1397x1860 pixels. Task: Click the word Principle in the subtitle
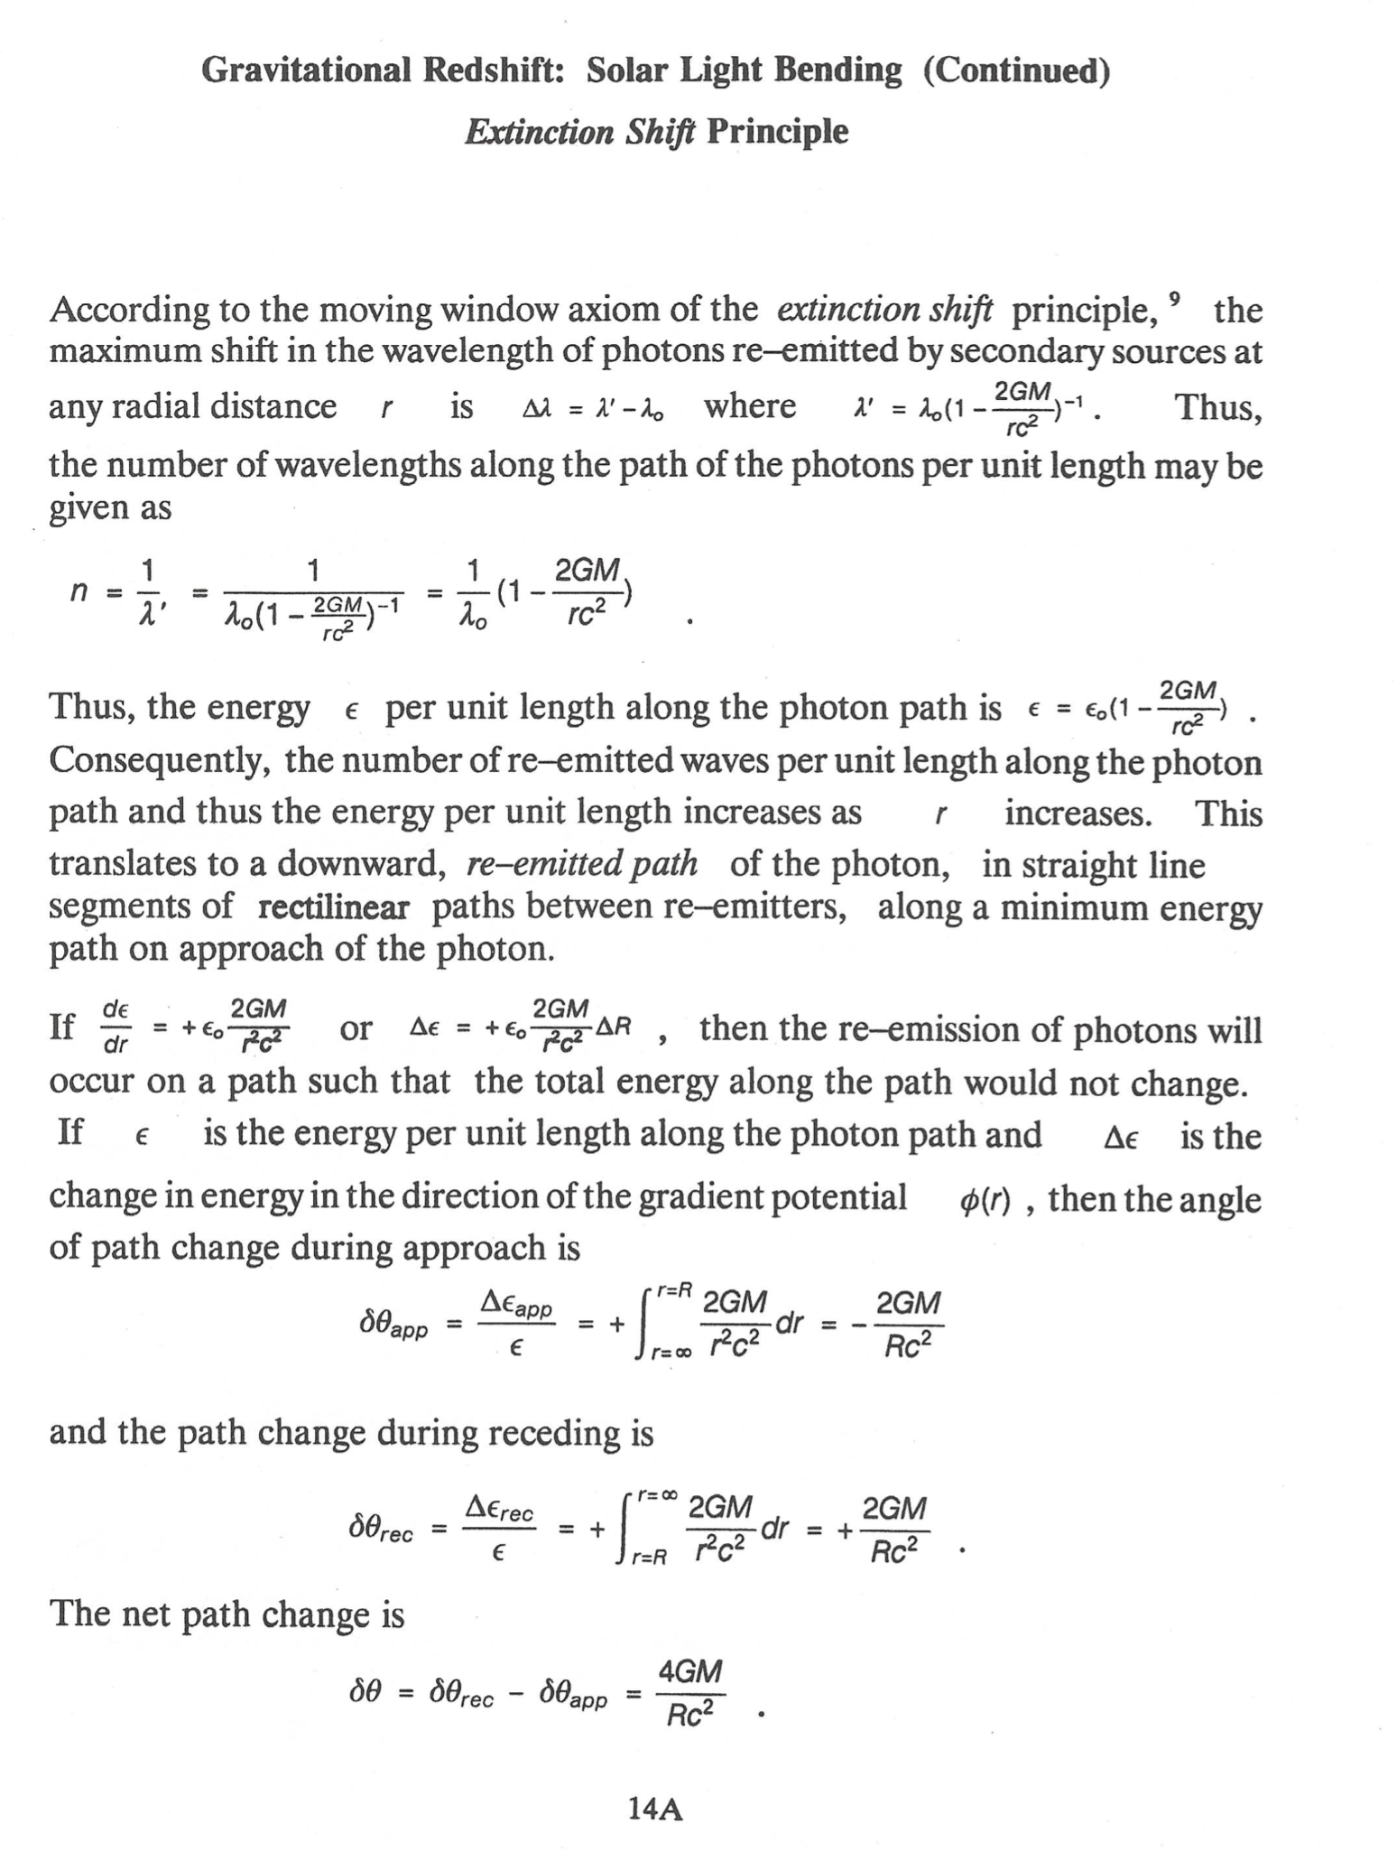click(777, 132)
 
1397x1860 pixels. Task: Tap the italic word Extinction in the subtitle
click(539, 132)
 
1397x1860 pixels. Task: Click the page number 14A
click(655, 1808)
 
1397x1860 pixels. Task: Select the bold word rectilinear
click(333, 907)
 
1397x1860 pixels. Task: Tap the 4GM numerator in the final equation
click(690, 1672)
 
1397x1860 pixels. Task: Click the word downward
click(361, 864)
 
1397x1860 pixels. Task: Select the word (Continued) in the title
click(1015, 70)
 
